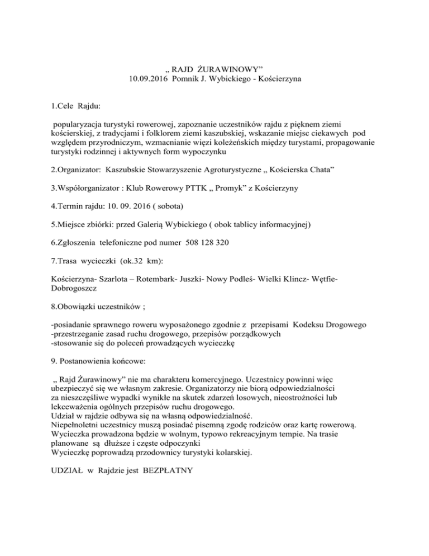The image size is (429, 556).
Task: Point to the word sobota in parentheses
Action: point(147,206)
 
